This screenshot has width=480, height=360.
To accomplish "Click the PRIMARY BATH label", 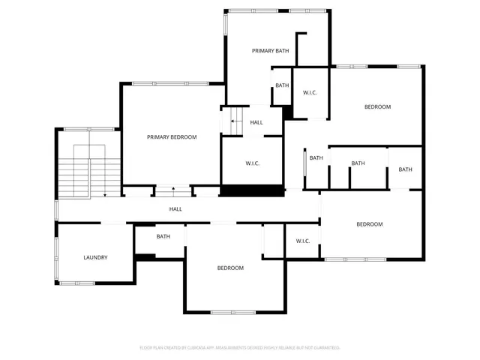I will point(270,50).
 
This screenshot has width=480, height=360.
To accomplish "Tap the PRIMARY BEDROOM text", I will point(172,136).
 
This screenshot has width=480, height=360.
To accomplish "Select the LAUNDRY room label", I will point(95,257).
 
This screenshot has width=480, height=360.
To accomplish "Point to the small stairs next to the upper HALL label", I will point(234,121).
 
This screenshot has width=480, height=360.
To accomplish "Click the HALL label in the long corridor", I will point(175,209).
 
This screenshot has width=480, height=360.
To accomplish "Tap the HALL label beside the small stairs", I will point(256,122).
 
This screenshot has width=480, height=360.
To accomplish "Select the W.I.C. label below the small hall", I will point(252,163).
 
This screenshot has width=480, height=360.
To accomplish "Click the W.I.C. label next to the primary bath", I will point(310,92).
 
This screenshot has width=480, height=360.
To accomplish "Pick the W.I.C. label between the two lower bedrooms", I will point(303,241).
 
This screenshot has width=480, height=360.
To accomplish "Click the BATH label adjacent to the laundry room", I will point(163,236).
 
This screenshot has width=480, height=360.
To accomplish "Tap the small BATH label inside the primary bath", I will point(282,85).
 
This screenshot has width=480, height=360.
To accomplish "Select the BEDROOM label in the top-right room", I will point(377,106).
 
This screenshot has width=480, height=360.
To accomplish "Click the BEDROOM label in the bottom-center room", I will point(230,268).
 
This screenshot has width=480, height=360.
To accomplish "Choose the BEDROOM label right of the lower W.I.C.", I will point(369,224).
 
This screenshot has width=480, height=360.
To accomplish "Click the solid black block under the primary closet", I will point(251,190).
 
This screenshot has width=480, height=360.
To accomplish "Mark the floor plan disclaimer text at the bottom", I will point(240,347).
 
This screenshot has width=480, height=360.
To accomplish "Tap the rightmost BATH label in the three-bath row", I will point(405,169).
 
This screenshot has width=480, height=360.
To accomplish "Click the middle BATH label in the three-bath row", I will point(358,163).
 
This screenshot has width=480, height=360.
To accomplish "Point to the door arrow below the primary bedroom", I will point(174,190).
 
